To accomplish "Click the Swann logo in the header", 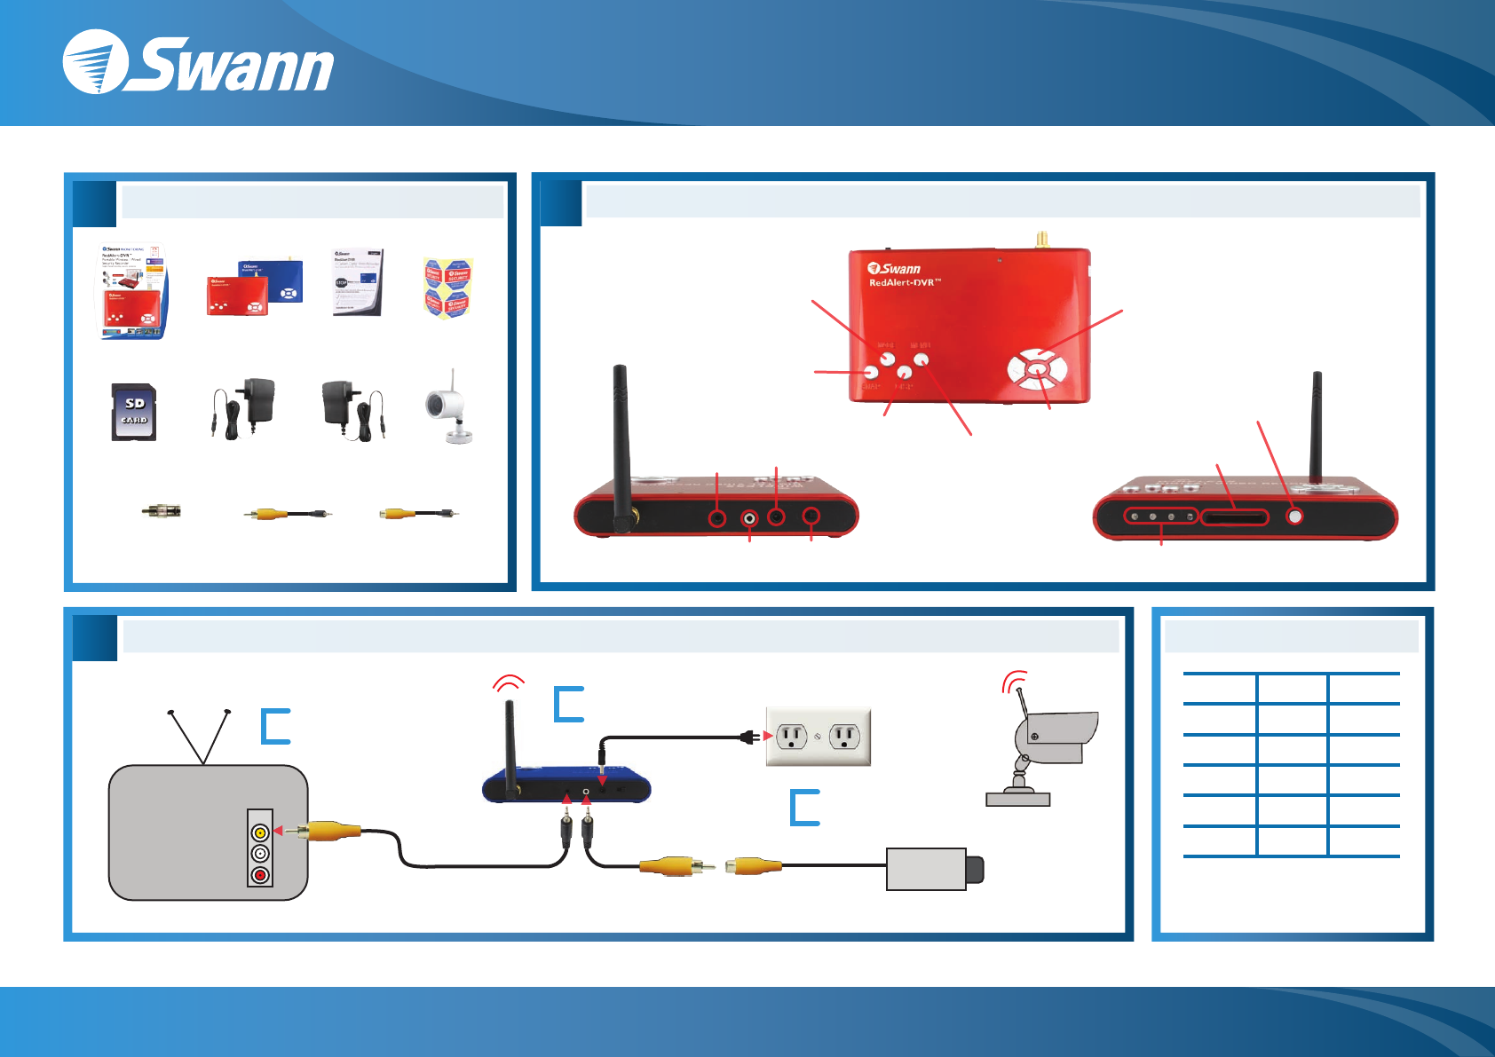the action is [197, 63].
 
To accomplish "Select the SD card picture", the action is [134, 412].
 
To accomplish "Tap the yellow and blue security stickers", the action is [448, 288].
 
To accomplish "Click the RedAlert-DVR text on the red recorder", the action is [905, 282].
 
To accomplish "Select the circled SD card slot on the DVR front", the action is [1235, 517].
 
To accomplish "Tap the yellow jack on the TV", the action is [260, 832].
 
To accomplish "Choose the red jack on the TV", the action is [260, 875].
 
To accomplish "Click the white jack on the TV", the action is [260, 854].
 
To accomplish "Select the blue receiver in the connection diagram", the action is [566, 786].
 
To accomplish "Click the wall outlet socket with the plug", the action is [791, 736].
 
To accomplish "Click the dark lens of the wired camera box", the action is [975, 870].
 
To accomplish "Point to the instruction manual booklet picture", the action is [358, 282].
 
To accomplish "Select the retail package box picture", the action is [132, 292].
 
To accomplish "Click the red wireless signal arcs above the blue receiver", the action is [509, 682].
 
